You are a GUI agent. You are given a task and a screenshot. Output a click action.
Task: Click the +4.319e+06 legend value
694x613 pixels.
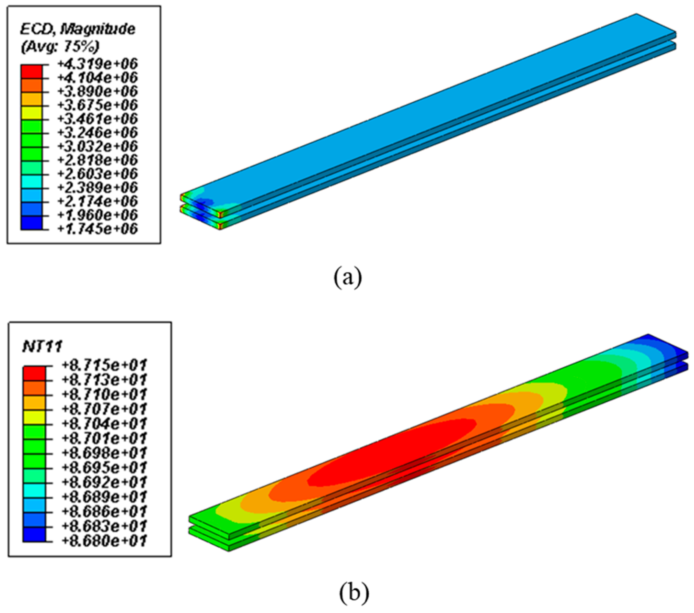click(x=97, y=64)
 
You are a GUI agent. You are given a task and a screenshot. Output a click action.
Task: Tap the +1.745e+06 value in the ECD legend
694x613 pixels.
click(x=97, y=229)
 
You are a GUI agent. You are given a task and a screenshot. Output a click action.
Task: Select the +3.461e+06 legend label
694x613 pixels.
click(x=97, y=119)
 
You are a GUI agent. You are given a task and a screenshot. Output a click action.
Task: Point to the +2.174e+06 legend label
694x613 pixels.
click(x=97, y=201)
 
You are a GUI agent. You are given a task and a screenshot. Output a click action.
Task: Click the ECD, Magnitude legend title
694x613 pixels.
click(x=78, y=30)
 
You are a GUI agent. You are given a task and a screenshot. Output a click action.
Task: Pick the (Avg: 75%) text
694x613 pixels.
click(x=60, y=47)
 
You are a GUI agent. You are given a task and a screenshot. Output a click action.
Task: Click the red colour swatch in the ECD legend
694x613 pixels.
click(x=32, y=71)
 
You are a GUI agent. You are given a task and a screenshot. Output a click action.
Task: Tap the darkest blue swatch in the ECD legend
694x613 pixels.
click(x=32, y=223)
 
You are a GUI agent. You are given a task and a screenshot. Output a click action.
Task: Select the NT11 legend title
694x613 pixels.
click(x=42, y=347)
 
